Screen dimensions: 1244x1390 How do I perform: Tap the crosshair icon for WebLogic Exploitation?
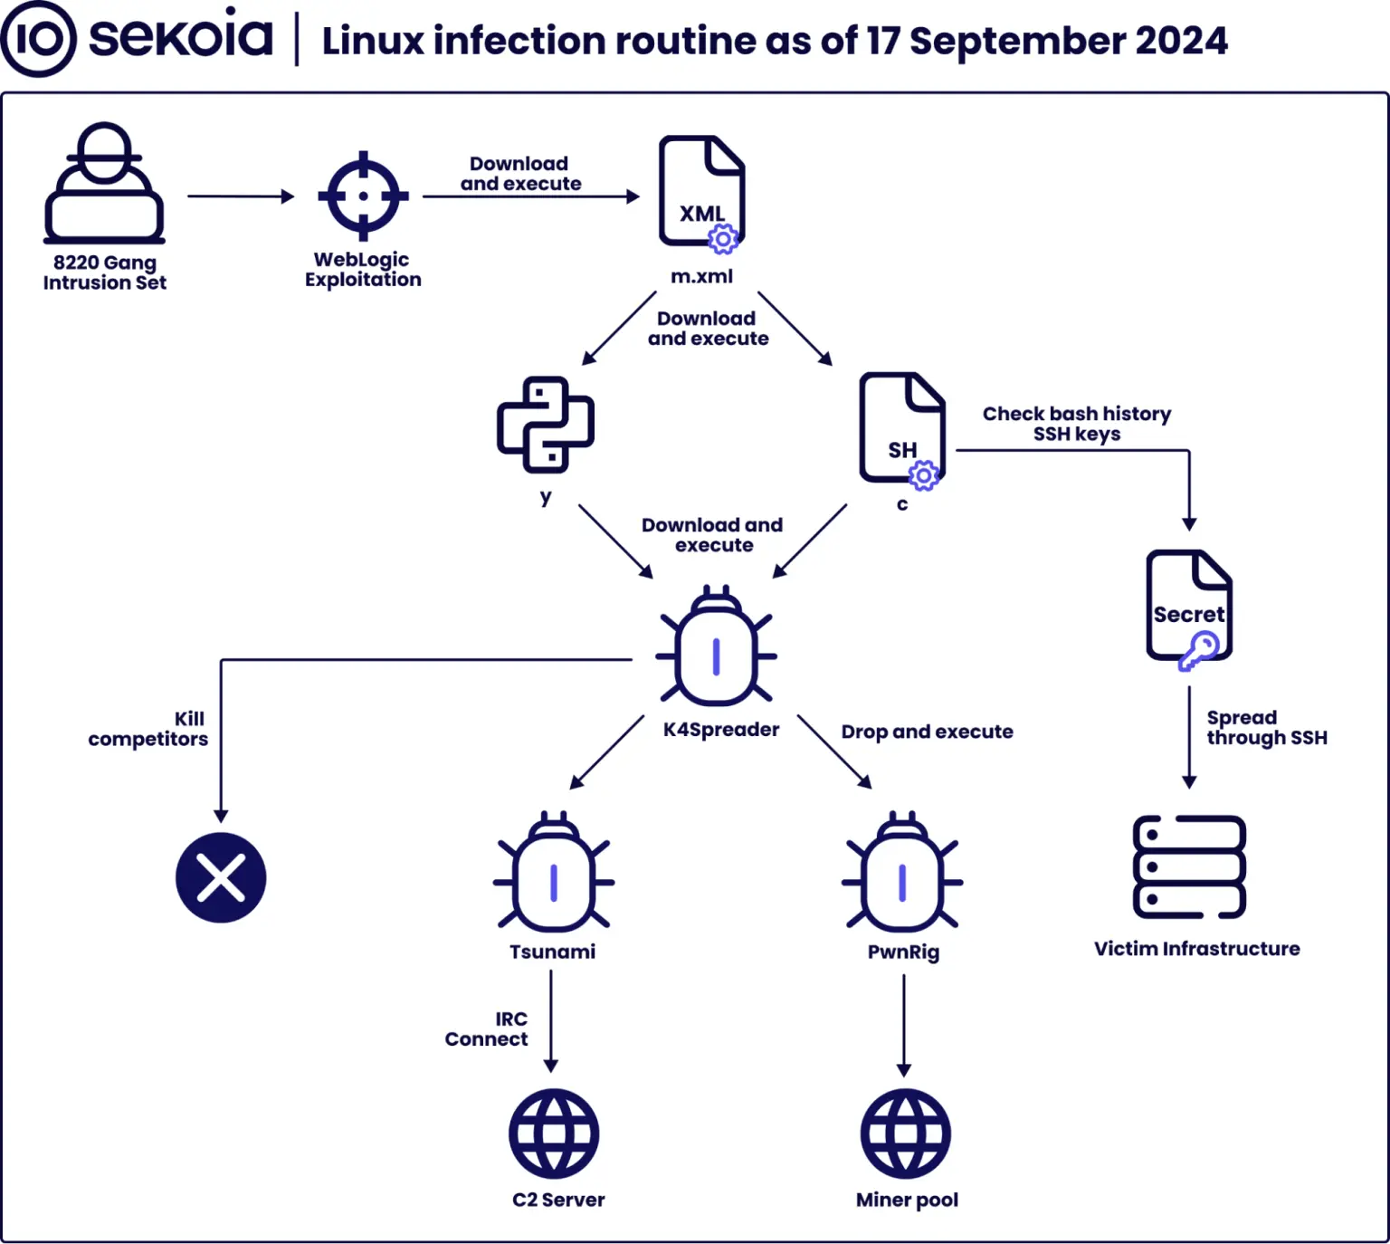coord(363,196)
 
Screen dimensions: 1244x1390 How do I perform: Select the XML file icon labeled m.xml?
coord(701,192)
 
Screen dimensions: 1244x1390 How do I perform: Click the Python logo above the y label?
coord(546,425)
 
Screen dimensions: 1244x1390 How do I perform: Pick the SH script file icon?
coord(902,429)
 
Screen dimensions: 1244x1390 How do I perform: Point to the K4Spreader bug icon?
coord(717,647)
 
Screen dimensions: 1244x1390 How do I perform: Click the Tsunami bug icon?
coord(553,873)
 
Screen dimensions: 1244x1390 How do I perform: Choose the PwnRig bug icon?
coord(902,873)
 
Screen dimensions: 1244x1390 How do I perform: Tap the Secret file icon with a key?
coord(1189,608)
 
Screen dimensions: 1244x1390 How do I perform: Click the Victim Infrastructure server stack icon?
coord(1189,867)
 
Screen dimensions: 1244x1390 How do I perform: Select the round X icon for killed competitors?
coord(221,877)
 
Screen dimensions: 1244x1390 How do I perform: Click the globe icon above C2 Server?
coord(554,1134)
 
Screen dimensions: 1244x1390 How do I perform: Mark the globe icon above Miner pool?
coord(905,1134)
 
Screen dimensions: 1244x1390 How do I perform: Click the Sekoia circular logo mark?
coord(38,39)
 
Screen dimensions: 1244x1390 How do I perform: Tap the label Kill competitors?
coord(148,729)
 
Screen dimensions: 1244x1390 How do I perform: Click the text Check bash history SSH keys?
coord(1077,424)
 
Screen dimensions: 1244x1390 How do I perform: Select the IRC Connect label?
coord(487,1029)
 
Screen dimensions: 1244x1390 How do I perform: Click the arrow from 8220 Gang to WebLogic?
coord(241,196)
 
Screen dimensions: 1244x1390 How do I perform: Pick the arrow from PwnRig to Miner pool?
coord(903,1025)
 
